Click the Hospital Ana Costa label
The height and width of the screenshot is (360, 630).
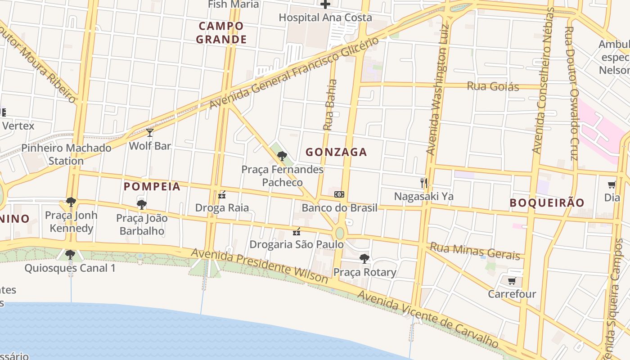(x=325, y=18)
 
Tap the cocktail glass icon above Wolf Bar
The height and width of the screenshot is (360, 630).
(x=150, y=133)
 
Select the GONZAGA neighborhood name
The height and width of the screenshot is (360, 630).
(x=336, y=152)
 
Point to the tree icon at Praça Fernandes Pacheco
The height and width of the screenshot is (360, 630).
(x=282, y=156)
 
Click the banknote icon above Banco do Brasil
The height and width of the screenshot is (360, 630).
(x=339, y=194)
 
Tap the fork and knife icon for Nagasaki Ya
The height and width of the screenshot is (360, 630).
(x=423, y=183)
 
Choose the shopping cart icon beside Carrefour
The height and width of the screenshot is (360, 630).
(x=512, y=281)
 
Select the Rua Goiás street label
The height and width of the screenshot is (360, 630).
(x=493, y=86)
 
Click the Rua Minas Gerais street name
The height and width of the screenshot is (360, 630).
(x=475, y=252)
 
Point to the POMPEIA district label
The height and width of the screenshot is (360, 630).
(x=152, y=186)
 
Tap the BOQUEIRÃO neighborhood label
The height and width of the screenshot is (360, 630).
(x=547, y=202)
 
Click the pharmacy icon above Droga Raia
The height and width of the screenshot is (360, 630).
(x=221, y=195)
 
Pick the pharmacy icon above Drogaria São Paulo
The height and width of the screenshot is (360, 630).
(x=296, y=232)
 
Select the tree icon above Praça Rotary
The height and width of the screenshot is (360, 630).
(x=364, y=259)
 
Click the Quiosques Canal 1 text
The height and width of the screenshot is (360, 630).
(x=70, y=268)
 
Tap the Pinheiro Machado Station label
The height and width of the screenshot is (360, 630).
(x=66, y=154)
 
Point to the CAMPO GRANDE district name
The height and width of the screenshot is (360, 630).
(x=221, y=32)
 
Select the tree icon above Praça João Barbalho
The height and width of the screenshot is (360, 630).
(x=142, y=205)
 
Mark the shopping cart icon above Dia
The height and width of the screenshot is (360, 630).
(x=612, y=184)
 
